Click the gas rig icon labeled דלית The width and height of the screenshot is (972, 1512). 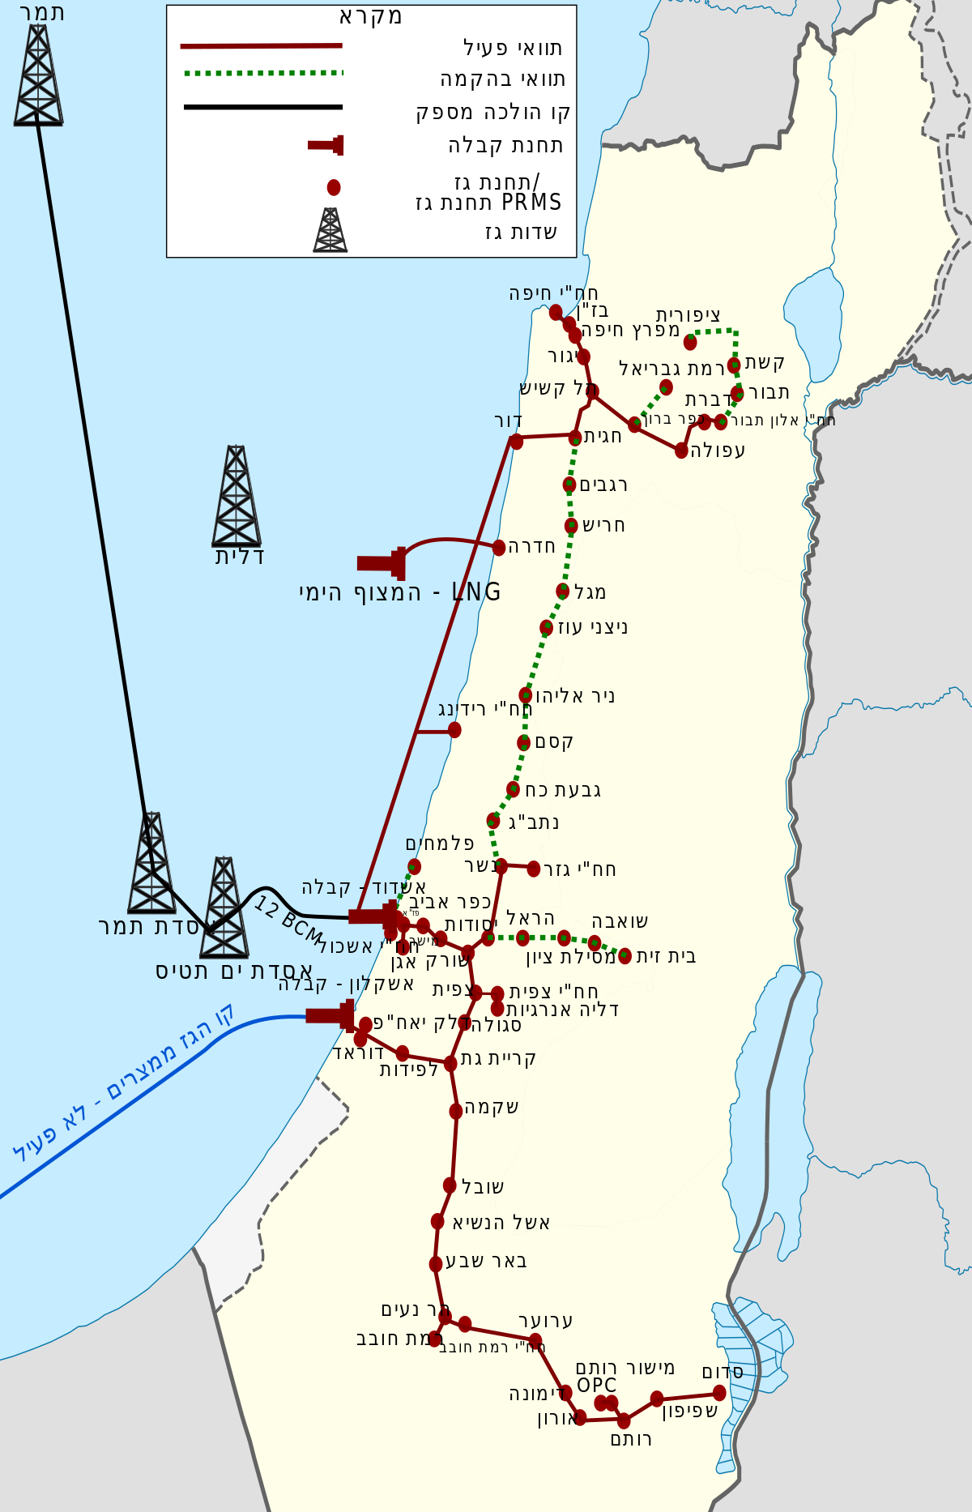tap(237, 496)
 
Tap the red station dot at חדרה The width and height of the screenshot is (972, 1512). tap(499, 547)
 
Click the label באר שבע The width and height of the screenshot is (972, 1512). tap(486, 1261)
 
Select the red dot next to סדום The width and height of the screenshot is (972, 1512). tap(719, 1393)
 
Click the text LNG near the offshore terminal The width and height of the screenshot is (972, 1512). tap(476, 592)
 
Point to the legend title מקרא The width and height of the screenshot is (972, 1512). tap(370, 16)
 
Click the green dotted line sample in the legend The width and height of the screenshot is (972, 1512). tap(263, 74)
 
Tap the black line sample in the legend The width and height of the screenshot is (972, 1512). tap(263, 107)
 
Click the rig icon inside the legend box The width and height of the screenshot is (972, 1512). tap(330, 230)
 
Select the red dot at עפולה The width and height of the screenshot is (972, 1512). tap(681, 451)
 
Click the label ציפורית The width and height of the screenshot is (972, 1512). tap(688, 314)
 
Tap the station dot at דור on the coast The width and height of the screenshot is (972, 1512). tap(516, 442)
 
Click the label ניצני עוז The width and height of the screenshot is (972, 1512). tap(592, 627)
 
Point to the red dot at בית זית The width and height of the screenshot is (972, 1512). tap(625, 956)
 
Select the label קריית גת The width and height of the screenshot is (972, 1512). tap(498, 1058)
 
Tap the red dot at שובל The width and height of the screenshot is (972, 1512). tap(450, 1185)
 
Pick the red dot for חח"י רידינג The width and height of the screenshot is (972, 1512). tap(454, 730)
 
